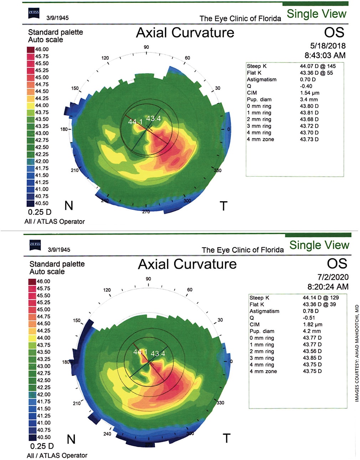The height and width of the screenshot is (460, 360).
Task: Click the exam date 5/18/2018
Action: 328,46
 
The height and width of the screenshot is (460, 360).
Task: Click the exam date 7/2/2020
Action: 333,277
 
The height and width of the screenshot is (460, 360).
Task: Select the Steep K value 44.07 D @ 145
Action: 318,66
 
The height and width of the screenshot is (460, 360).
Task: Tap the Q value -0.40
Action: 306,86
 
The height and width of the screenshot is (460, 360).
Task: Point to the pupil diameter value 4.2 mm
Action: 312,331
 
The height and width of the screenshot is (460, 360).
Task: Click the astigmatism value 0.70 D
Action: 308,79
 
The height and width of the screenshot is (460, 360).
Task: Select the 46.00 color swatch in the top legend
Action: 31,50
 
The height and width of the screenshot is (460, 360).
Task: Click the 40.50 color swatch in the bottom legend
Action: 32,437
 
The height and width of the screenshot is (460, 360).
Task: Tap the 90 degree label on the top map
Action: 146,47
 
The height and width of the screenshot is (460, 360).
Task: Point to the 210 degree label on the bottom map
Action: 77,403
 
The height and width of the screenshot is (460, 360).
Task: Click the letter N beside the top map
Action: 69,206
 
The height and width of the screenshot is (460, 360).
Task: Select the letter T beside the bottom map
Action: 226,438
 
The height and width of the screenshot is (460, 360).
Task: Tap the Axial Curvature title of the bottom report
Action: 187,264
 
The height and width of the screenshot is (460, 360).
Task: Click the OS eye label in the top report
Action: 334,32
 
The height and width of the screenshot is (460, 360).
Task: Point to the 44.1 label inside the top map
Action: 135,122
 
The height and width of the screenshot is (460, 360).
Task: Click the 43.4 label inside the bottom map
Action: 158,353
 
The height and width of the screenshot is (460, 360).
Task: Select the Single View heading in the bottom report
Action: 319,245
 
